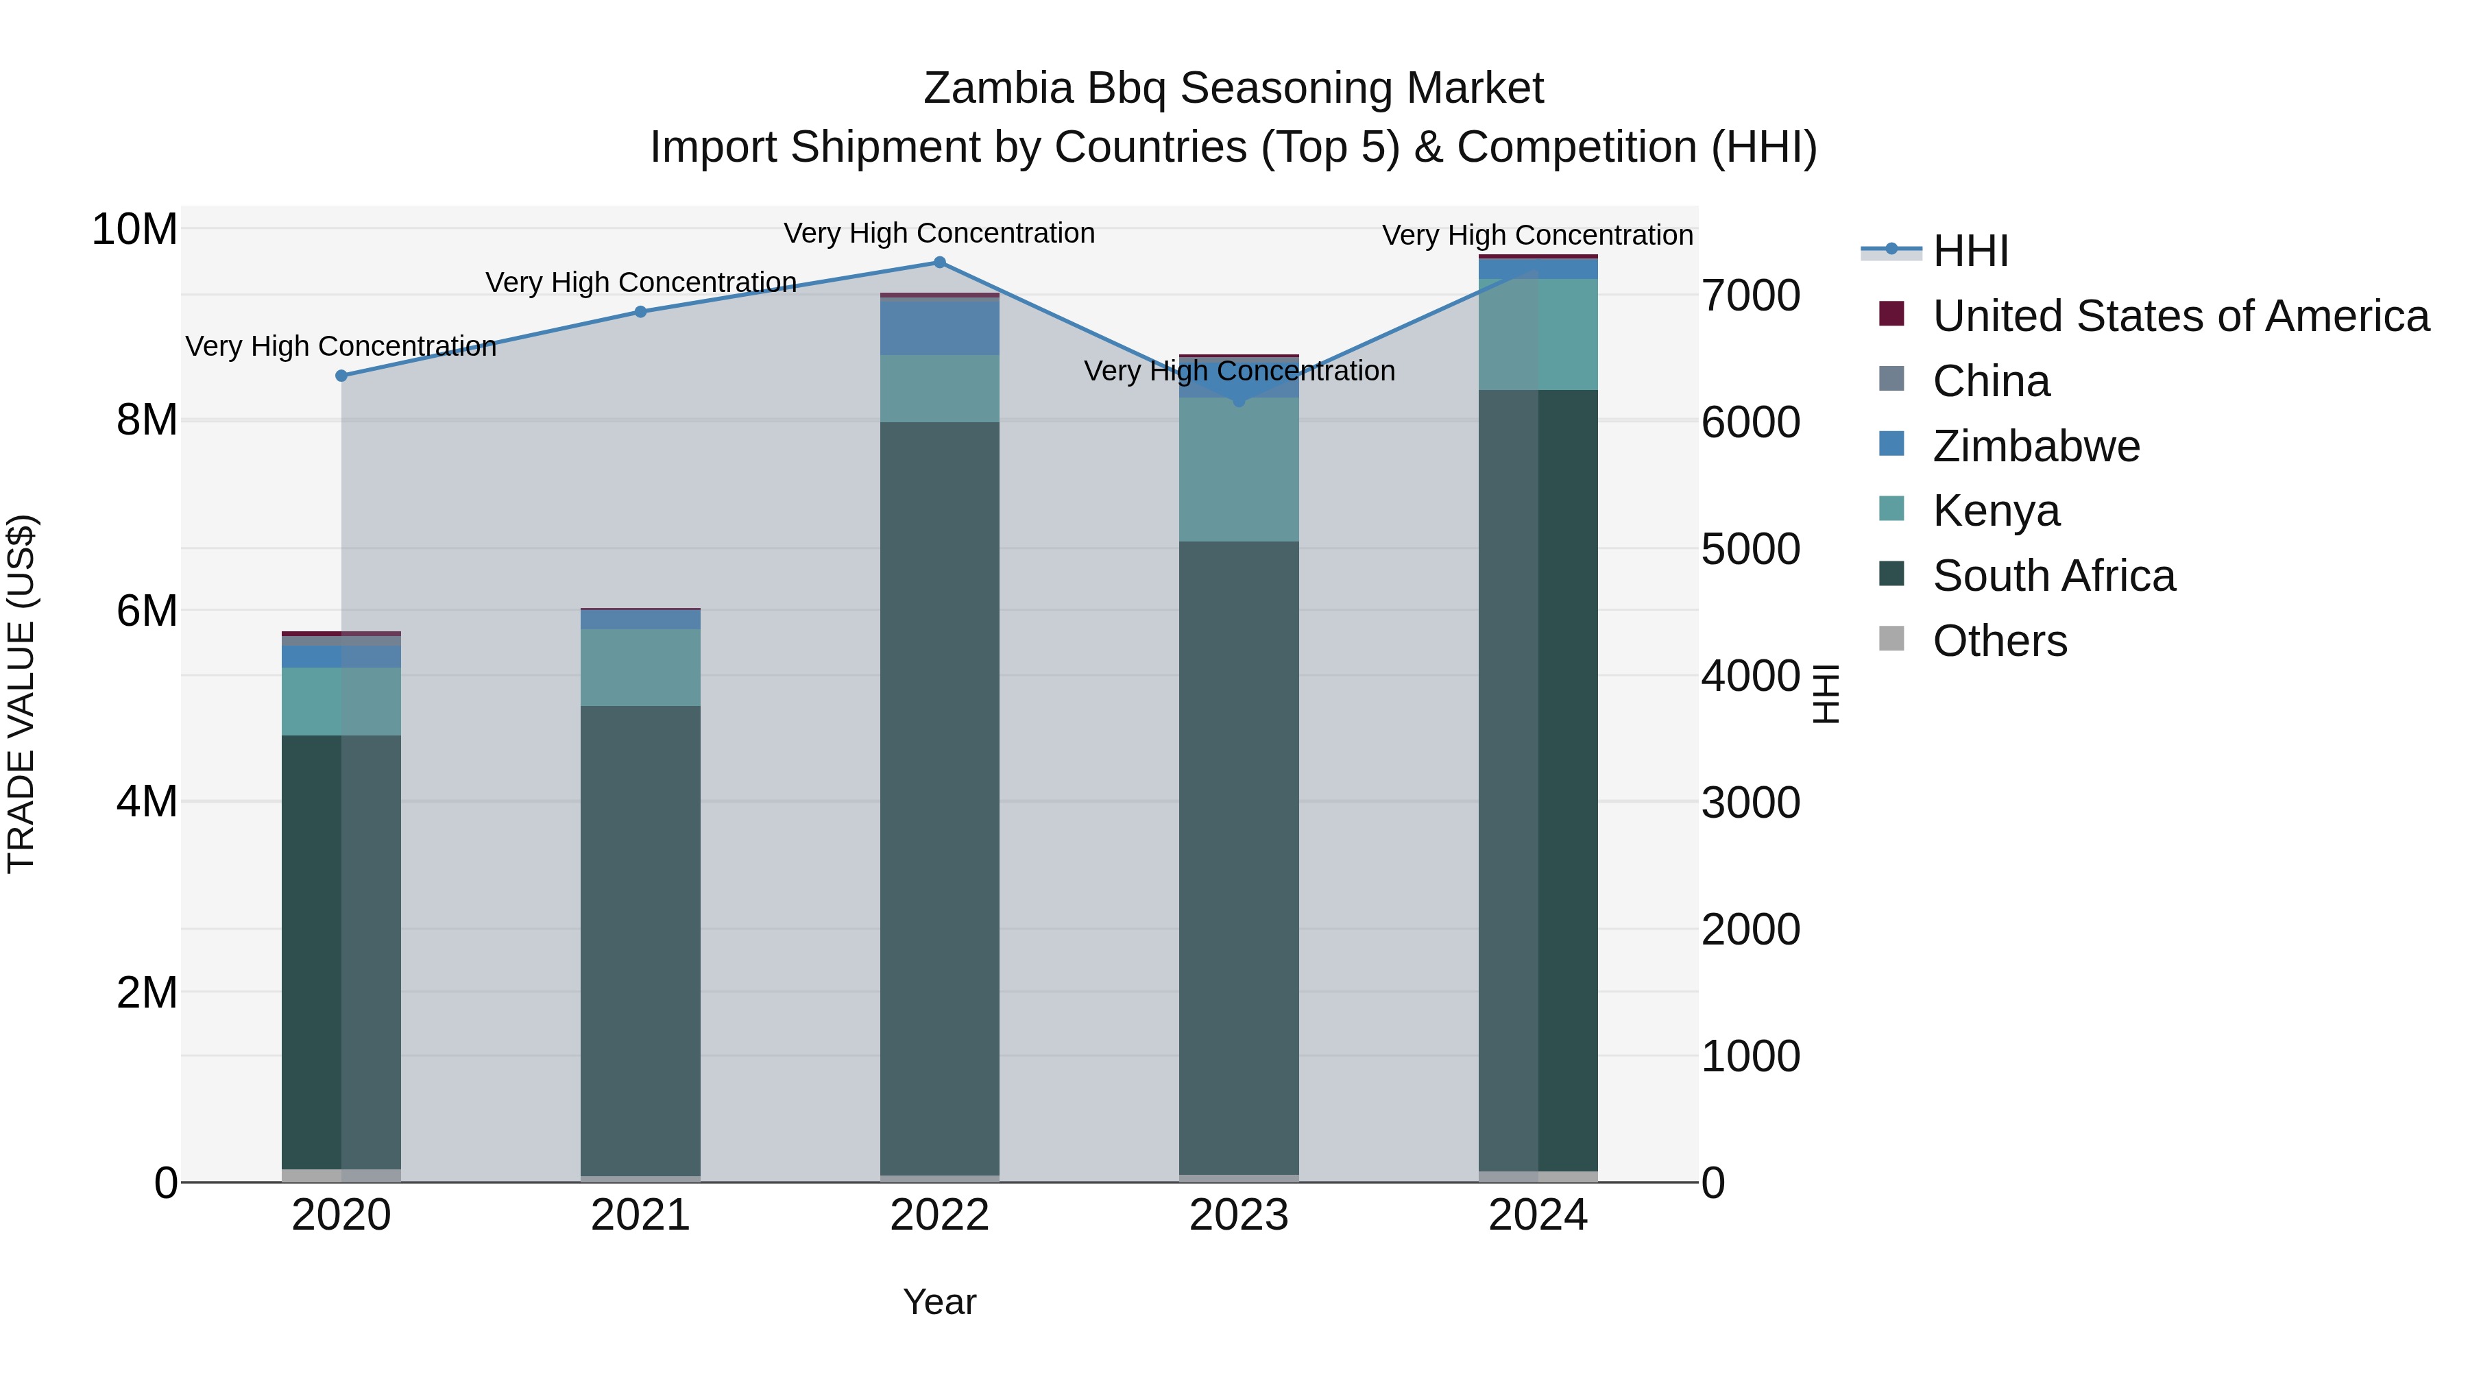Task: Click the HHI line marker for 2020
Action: (341, 376)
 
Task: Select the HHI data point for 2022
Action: (939, 263)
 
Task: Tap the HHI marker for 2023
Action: (1239, 400)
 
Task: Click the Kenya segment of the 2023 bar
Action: (1239, 470)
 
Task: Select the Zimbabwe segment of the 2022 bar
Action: (939, 328)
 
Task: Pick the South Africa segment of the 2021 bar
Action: (641, 939)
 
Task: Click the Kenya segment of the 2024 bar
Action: (1538, 334)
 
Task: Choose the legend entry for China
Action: (1991, 381)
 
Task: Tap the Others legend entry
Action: (2000, 641)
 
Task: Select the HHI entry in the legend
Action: (1970, 251)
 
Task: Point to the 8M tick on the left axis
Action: (147, 419)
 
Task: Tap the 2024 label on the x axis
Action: (1538, 1215)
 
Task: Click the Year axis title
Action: (939, 1302)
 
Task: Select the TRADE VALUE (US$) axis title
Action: (21, 694)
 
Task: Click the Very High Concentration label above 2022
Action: (939, 233)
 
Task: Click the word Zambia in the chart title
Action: (997, 88)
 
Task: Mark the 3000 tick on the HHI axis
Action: (1750, 803)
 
